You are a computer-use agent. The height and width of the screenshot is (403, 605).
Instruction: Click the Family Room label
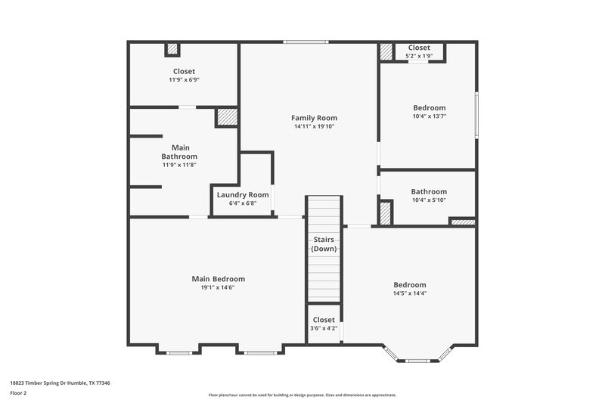pyautogui.click(x=314, y=118)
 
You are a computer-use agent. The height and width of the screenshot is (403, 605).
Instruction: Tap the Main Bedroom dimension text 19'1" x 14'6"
pyautogui.click(x=218, y=287)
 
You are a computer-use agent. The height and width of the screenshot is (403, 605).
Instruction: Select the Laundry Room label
pyautogui.click(x=242, y=195)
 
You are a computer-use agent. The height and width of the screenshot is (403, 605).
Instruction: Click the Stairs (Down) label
pyautogui.click(x=324, y=243)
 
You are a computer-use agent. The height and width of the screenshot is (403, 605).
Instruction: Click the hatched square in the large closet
pyautogui.click(x=172, y=49)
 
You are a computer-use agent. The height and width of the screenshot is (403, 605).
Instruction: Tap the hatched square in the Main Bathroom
pyautogui.click(x=227, y=117)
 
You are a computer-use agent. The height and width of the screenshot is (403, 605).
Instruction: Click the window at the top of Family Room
pyautogui.click(x=306, y=42)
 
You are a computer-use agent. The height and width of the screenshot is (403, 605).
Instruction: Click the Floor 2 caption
pyautogui.click(x=19, y=393)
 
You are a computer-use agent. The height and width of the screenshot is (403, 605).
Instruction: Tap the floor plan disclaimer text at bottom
pyautogui.click(x=302, y=395)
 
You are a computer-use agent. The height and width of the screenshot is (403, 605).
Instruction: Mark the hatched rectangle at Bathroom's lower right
pyautogui.click(x=462, y=222)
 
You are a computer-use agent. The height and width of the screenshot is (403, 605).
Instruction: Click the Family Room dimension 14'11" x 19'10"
pyautogui.click(x=314, y=126)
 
